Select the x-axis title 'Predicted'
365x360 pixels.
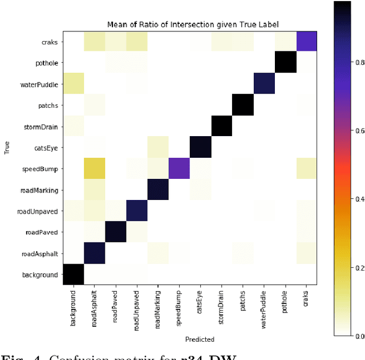(x=200, y=339)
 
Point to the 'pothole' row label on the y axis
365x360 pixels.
(x=46, y=63)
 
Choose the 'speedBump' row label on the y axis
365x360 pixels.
(x=42, y=169)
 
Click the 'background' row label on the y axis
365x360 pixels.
(x=39, y=275)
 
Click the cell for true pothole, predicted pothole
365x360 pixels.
(x=285, y=63)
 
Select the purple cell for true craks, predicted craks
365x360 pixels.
(x=306, y=42)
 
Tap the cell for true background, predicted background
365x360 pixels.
(x=73, y=275)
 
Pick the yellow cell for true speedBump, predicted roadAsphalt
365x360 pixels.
(x=94, y=169)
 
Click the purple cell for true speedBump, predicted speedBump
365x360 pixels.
(x=179, y=169)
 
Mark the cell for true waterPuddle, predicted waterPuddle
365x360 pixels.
(x=264, y=84)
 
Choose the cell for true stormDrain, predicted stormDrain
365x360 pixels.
(x=221, y=126)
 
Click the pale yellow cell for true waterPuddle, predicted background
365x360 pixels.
(x=73, y=84)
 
